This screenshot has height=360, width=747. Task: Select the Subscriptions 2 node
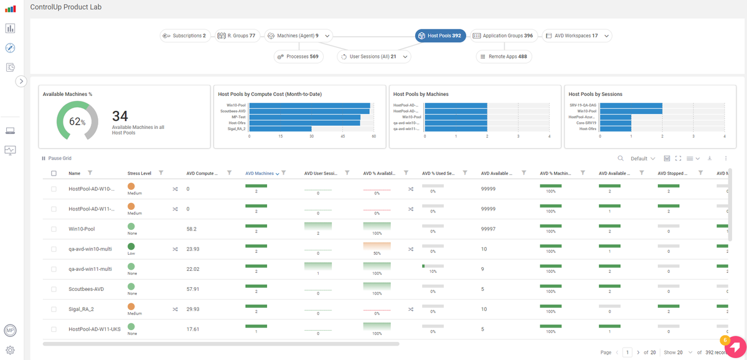tap(185, 36)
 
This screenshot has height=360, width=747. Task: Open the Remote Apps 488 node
tap(504, 57)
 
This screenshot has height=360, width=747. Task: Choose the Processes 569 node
tap(299, 57)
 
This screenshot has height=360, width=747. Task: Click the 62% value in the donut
tap(77, 122)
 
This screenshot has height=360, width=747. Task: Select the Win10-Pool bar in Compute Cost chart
tap(309, 105)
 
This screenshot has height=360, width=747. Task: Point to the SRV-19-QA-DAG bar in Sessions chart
tap(631, 105)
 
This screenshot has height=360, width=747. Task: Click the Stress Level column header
tap(139, 173)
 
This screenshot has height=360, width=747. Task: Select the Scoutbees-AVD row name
tap(86, 289)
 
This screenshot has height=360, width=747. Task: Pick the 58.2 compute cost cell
tap(192, 229)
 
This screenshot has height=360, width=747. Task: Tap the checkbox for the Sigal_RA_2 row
tap(54, 309)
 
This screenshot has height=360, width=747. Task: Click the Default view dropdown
tap(642, 158)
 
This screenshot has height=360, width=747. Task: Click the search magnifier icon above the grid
tap(620, 158)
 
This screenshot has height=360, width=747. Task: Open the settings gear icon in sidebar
tap(10, 350)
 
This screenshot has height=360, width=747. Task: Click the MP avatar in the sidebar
tap(10, 330)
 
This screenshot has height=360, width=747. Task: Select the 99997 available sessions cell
tap(488, 229)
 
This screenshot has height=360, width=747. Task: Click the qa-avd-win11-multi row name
tap(90, 269)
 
